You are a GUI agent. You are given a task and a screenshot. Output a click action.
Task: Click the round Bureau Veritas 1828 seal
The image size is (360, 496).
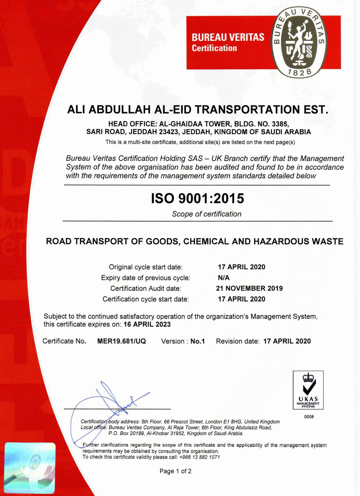[x=299, y=42]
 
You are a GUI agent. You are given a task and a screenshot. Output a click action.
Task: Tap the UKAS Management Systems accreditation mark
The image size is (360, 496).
[x=308, y=390]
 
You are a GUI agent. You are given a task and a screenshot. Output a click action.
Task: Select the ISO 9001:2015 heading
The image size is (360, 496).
[x=197, y=198]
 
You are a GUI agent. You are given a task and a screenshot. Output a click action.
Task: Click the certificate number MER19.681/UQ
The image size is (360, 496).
[x=122, y=341]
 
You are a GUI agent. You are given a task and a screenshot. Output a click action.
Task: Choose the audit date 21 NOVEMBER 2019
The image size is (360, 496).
[x=249, y=288]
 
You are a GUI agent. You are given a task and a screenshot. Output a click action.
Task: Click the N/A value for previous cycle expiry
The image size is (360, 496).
[x=223, y=278]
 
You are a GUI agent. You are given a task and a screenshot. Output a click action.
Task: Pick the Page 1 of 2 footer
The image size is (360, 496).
[x=175, y=471]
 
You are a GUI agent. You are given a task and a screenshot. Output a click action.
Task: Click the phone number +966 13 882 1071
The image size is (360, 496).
[x=199, y=457]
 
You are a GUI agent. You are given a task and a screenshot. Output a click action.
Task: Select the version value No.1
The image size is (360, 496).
[x=197, y=341]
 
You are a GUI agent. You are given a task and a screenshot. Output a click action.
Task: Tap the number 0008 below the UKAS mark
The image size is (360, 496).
[x=309, y=417]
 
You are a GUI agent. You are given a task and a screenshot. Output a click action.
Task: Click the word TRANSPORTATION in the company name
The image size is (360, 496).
[x=247, y=110]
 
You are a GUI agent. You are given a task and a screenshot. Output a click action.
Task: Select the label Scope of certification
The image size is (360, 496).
[x=207, y=214]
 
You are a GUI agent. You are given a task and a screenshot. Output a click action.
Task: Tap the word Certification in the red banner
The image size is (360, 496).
[x=214, y=48]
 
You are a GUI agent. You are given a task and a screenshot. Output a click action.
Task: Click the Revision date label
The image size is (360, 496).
[x=238, y=341]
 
